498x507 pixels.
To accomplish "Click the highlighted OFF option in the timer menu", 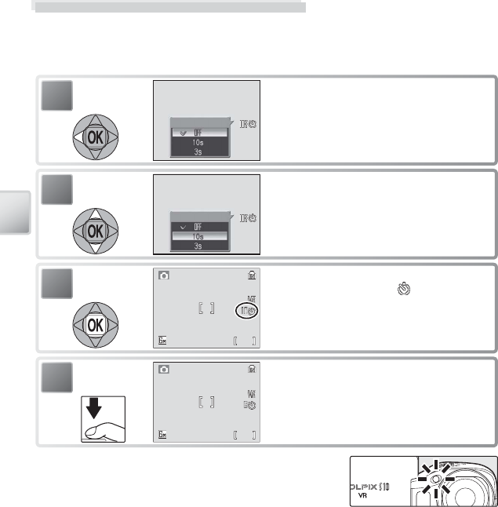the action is click(x=200, y=133).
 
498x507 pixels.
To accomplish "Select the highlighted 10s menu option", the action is click(x=200, y=235).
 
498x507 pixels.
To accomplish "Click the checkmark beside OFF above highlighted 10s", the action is click(x=182, y=225).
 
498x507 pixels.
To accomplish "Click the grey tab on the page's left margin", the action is click(x=16, y=211).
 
